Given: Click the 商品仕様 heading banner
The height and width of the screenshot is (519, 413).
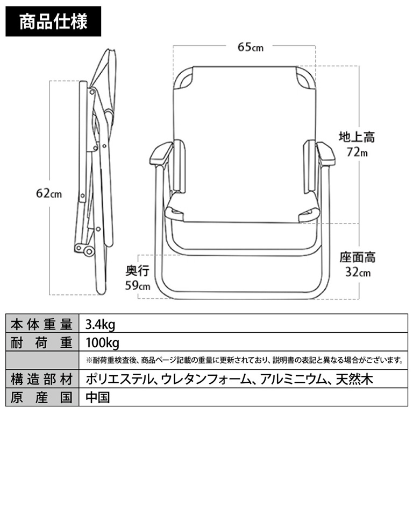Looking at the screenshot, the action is tap(53, 22).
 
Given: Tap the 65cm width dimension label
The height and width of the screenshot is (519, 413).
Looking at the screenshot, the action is tap(251, 47).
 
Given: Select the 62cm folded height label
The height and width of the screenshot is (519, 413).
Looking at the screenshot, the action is tap(48, 193).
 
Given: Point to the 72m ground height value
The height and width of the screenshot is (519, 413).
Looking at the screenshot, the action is tap(357, 152).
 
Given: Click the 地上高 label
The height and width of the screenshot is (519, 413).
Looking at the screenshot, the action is tap(357, 137).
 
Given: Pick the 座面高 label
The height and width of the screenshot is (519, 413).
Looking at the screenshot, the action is tap(358, 257).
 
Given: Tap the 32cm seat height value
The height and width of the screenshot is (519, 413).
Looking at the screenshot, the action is tap(358, 272).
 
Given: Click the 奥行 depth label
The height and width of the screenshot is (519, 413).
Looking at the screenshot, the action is tap(137, 270).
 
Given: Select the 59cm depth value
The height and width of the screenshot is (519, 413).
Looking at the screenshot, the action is tap(137, 285).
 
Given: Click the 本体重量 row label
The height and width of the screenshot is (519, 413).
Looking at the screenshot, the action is tap(41, 324).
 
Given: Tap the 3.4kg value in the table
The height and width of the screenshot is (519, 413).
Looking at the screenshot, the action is tap(100, 325).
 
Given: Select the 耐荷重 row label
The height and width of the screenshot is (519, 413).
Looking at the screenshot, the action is tap(41, 342).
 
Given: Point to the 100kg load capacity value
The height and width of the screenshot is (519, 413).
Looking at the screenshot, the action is tap(103, 343).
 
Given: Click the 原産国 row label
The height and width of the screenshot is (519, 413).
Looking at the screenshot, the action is tap(41, 397).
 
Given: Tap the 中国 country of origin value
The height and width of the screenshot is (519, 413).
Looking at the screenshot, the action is tap(97, 397).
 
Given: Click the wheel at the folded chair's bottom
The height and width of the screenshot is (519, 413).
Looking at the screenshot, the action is tap(89, 251).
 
